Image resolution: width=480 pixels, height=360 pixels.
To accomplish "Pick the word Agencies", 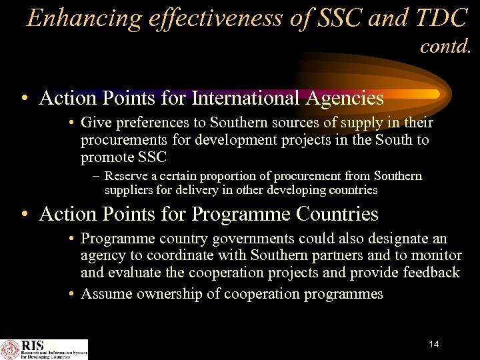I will pyautogui.click(x=345, y=98).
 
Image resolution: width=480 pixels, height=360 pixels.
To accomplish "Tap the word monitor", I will pyautogui.click(x=437, y=255).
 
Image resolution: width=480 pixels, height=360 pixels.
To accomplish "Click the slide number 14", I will pyautogui.click(x=434, y=344).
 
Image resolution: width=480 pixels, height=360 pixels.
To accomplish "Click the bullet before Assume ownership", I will pyautogui.click(x=71, y=294).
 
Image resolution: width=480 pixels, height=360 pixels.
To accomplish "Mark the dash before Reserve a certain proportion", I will pyautogui.click(x=97, y=176).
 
